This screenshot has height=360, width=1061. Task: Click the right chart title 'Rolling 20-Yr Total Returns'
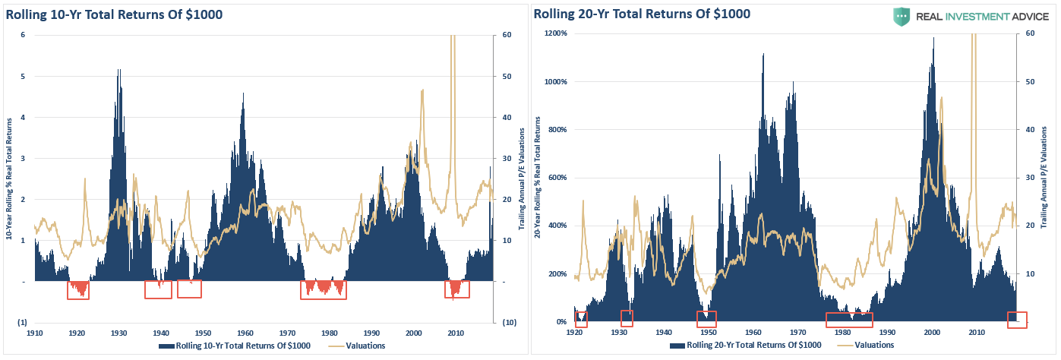point(642,14)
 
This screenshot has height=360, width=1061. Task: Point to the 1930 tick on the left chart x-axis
point(118,333)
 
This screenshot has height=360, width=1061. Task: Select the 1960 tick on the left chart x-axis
point(245,333)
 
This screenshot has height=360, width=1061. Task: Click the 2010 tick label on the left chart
point(456,333)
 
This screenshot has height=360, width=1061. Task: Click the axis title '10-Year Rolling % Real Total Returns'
point(9,178)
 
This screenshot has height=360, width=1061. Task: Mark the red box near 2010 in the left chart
point(456,289)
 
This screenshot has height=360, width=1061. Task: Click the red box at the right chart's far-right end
point(1017,320)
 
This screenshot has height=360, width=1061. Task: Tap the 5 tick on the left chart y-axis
point(24,76)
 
